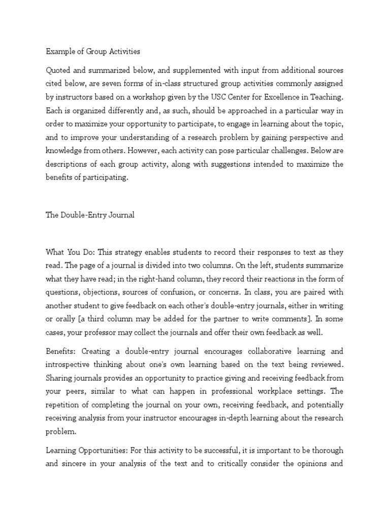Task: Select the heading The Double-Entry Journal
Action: [90, 215]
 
